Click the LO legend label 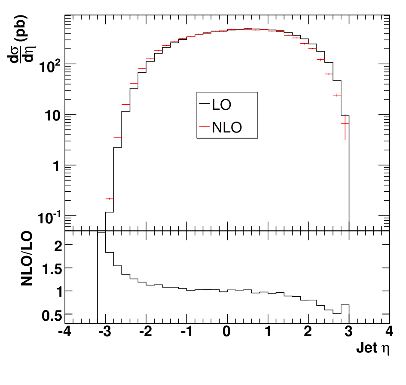[x=221, y=105]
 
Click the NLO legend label [x=227, y=127]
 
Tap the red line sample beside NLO [x=205, y=126]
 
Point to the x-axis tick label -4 [x=65, y=331]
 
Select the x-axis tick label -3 [x=105, y=331]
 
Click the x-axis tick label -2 [x=146, y=331]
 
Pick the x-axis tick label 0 [x=227, y=331]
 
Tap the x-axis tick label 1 [x=268, y=331]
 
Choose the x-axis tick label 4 [x=389, y=331]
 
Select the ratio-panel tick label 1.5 [x=52, y=269]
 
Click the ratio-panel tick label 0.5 [x=52, y=316]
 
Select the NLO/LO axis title [x=27, y=259]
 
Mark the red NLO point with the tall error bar [x=345, y=124]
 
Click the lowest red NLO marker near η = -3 [x=110, y=199]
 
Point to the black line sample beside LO [x=205, y=104]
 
